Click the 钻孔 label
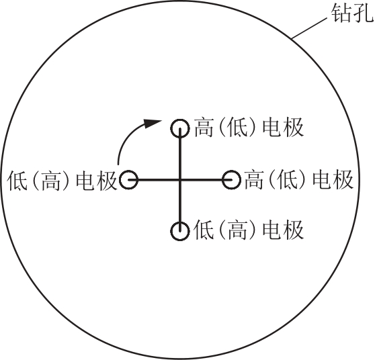(x=353, y=13)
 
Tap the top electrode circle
(x=180, y=120)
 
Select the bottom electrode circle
(x=180, y=222)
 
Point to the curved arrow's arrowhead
(x=153, y=123)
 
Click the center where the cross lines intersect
(x=180, y=180)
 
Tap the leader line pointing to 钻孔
(x=309, y=28)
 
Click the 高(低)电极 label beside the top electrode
(x=249, y=128)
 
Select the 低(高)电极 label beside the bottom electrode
(x=249, y=230)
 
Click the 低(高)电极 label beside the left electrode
(x=62, y=181)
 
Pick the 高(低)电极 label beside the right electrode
(x=299, y=180)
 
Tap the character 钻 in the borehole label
(x=341, y=13)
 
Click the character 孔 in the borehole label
(x=364, y=13)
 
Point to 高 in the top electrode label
(x=204, y=128)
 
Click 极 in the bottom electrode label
(x=294, y=230)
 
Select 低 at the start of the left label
(x=17, y=181)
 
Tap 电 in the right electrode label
(x=322, y=180)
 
